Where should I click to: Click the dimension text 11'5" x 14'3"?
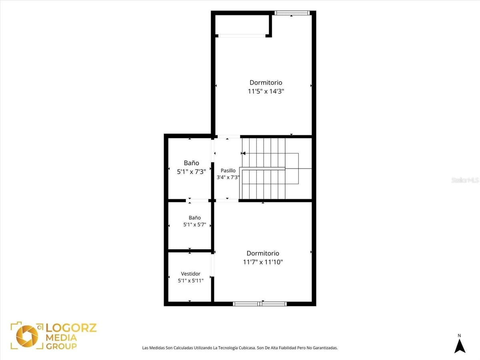coord(266,91)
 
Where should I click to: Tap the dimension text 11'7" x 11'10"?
coord(263,262)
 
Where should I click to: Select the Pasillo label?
coord(228,170)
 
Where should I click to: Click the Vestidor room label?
coord(190,274)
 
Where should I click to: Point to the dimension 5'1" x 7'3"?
coord(191,172)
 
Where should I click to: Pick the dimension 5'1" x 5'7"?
coord(195,224)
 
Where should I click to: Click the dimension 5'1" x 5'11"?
coord(191,281)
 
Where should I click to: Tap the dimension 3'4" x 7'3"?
coord(228,177)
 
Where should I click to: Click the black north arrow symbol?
coord(460,346)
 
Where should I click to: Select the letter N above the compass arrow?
coord(459,336)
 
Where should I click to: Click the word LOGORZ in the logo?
coord(71,328)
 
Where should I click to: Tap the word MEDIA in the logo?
coord(62,338)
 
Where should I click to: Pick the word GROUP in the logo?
coord(62,346)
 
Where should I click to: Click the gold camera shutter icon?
coord(27,336)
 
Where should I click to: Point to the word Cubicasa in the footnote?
coord(247,348)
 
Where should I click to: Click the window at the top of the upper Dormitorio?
coord(292,13)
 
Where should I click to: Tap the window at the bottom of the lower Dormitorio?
coord(260,304)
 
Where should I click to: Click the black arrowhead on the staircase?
coord(244,154)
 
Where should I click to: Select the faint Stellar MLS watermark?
coord(465,180)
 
